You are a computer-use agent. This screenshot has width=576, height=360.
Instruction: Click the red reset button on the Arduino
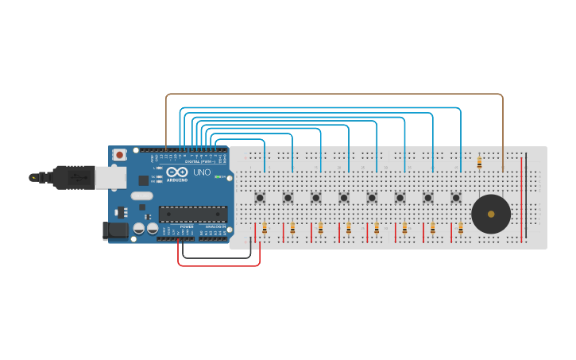click(x=119, y=154)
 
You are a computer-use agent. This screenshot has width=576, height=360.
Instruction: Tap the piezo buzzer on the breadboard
click(x=491, y=214)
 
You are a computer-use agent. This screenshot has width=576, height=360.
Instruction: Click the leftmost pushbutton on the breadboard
click(x=260, y=197)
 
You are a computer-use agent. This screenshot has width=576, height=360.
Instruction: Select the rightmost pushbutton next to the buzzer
click(x=456, y=197)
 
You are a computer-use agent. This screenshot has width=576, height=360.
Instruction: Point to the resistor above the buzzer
click(x=479, y=163)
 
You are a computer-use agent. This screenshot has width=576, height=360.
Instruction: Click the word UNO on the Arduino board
click(x=202, y=172)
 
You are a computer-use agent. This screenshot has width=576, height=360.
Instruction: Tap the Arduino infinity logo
click(x=176, y=172)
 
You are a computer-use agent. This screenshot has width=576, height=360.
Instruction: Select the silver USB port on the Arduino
click(x=110, y=177)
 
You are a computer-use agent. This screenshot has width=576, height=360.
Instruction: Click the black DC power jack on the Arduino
click(x=114, y=230)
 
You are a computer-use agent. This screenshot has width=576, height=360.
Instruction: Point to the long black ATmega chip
click(x=193, y=214)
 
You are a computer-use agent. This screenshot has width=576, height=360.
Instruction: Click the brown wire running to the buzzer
click(x=334, y=94)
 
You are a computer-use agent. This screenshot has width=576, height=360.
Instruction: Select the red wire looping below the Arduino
click(x=218, y=265)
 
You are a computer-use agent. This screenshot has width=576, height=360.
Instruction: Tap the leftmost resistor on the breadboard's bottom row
click(x=265, y=229)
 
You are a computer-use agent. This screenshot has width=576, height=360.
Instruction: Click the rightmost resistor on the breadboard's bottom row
click(x=461, y=229)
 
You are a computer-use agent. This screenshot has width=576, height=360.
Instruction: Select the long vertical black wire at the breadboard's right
click(x=526, y=195)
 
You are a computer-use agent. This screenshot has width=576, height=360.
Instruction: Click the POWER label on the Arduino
click(x=187, y=226)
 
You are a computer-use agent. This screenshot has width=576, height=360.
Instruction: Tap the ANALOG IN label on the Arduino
click(x=215, y=226)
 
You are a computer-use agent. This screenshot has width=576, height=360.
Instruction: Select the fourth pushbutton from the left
click(x=344, y=197)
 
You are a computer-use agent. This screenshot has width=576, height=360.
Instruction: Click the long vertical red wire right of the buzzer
click(x=521, y=199)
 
